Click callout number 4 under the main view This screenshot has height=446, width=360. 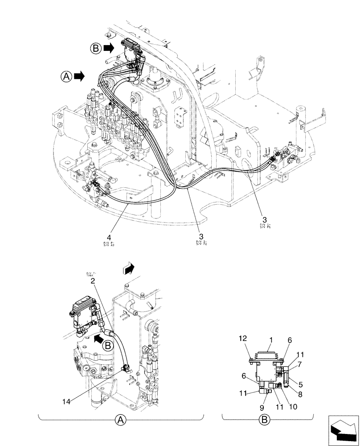109,237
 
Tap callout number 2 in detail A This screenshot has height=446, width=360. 92,281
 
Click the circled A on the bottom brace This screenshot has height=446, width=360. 120,419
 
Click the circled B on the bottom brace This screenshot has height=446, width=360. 264,419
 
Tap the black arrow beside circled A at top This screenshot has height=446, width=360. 80,76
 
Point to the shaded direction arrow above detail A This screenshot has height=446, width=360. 128,268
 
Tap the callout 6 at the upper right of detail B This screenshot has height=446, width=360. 290,340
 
